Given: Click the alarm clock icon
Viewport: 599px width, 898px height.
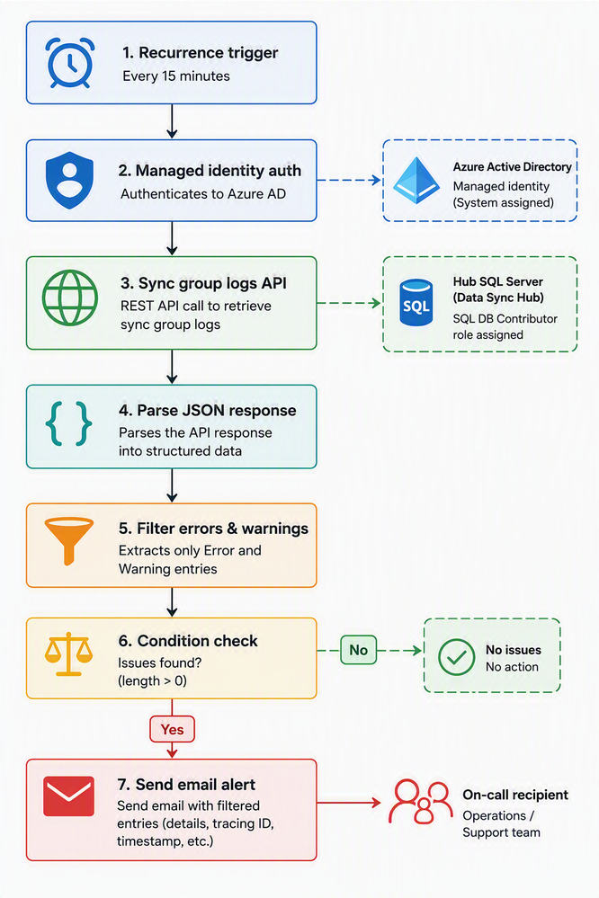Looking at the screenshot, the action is pos(70,62).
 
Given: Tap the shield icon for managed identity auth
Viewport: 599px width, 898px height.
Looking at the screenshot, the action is pos(69,181).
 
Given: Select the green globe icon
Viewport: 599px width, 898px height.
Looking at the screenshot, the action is pos(70,298).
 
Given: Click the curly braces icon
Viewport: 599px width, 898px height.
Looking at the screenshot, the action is pos(68,423).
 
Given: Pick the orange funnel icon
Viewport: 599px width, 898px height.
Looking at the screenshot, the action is pos(68,540).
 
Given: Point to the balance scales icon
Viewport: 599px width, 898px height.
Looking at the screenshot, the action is pos(68,654).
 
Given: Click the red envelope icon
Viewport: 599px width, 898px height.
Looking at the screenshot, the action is pos(68,796).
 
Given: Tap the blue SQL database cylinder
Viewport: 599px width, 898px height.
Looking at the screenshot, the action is pos(416,302).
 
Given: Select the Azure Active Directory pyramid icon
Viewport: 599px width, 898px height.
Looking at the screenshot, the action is pos(416,181).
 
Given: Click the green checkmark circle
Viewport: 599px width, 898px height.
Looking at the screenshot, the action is pos(456,657).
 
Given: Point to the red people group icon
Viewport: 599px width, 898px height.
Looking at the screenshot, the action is pos(420,801).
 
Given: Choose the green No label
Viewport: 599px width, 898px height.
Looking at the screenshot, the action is pos(358,650).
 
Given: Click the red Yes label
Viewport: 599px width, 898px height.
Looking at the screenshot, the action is pos(172,729).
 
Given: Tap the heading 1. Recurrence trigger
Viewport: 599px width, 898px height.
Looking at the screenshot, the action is pos(200,53).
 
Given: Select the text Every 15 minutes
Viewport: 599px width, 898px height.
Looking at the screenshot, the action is pos(176,76).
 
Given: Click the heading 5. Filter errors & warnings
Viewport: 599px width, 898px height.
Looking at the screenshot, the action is pos(213,528).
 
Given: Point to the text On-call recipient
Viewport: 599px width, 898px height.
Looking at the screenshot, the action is pos(515,795).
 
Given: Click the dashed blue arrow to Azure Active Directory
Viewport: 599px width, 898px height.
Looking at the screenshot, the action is pos(349,181).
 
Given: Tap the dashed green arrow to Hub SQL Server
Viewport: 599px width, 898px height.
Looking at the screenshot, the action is pos(349,303).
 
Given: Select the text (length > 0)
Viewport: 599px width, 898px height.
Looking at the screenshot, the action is pos(153,681).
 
